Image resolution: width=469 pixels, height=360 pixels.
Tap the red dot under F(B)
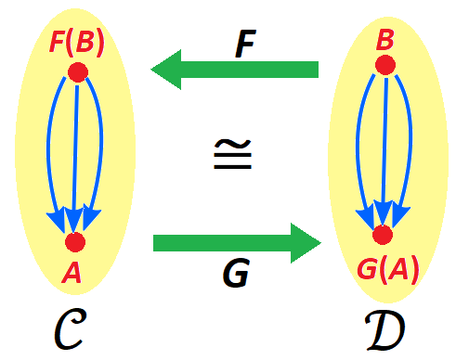[77, 72]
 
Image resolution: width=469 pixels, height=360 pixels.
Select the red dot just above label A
[75, 242]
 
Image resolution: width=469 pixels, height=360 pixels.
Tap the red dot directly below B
[384, 65]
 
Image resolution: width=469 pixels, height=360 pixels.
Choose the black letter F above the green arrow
[243, 45]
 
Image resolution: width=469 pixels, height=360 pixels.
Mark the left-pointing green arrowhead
[167, 71]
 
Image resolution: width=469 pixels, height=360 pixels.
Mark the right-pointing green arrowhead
[305, 243]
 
